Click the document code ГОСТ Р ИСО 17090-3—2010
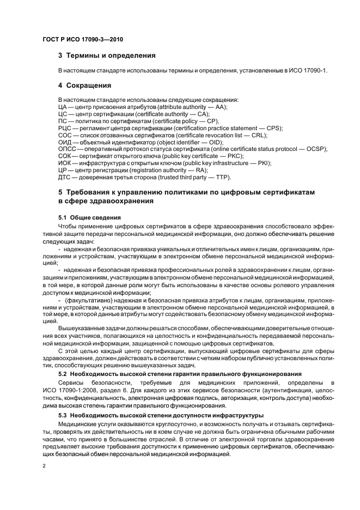(x=78, y=39)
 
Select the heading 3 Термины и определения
(x=107, y=56)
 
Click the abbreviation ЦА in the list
(x=62, y=107)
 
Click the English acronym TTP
(x=222, y=177)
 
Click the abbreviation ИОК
(x=65, y=163)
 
